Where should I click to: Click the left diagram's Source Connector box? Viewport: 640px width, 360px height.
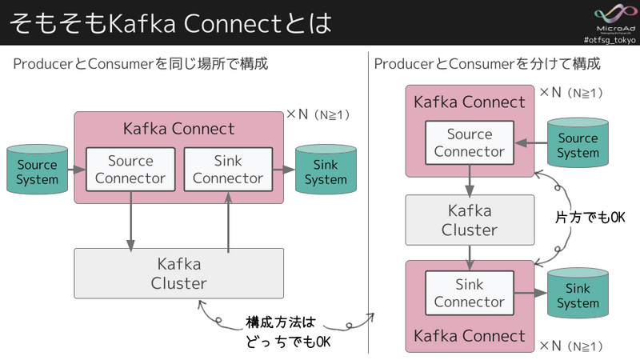click(130, 169)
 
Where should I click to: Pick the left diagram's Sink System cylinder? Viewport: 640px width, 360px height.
click(326, 170)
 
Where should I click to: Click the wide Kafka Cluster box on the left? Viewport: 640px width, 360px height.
click(178, 273)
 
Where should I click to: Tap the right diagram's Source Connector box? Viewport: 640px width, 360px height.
click(469, 142)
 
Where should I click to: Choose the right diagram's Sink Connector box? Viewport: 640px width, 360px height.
click(469, 293)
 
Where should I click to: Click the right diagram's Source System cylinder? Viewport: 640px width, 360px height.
click(578, 144)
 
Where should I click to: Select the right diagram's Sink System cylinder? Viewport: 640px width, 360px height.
click(578, 295)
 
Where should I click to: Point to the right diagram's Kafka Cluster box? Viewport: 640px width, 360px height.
click(470, 219)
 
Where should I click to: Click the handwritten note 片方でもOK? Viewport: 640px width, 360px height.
click(590, 217)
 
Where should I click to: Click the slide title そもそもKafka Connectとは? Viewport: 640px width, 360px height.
click(170, 22)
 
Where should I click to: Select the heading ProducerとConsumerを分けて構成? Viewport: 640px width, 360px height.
click(487, 63)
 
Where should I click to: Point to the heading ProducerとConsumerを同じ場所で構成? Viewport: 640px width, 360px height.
click(141, 63)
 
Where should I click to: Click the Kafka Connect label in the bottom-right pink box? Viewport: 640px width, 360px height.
click(470, 334)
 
